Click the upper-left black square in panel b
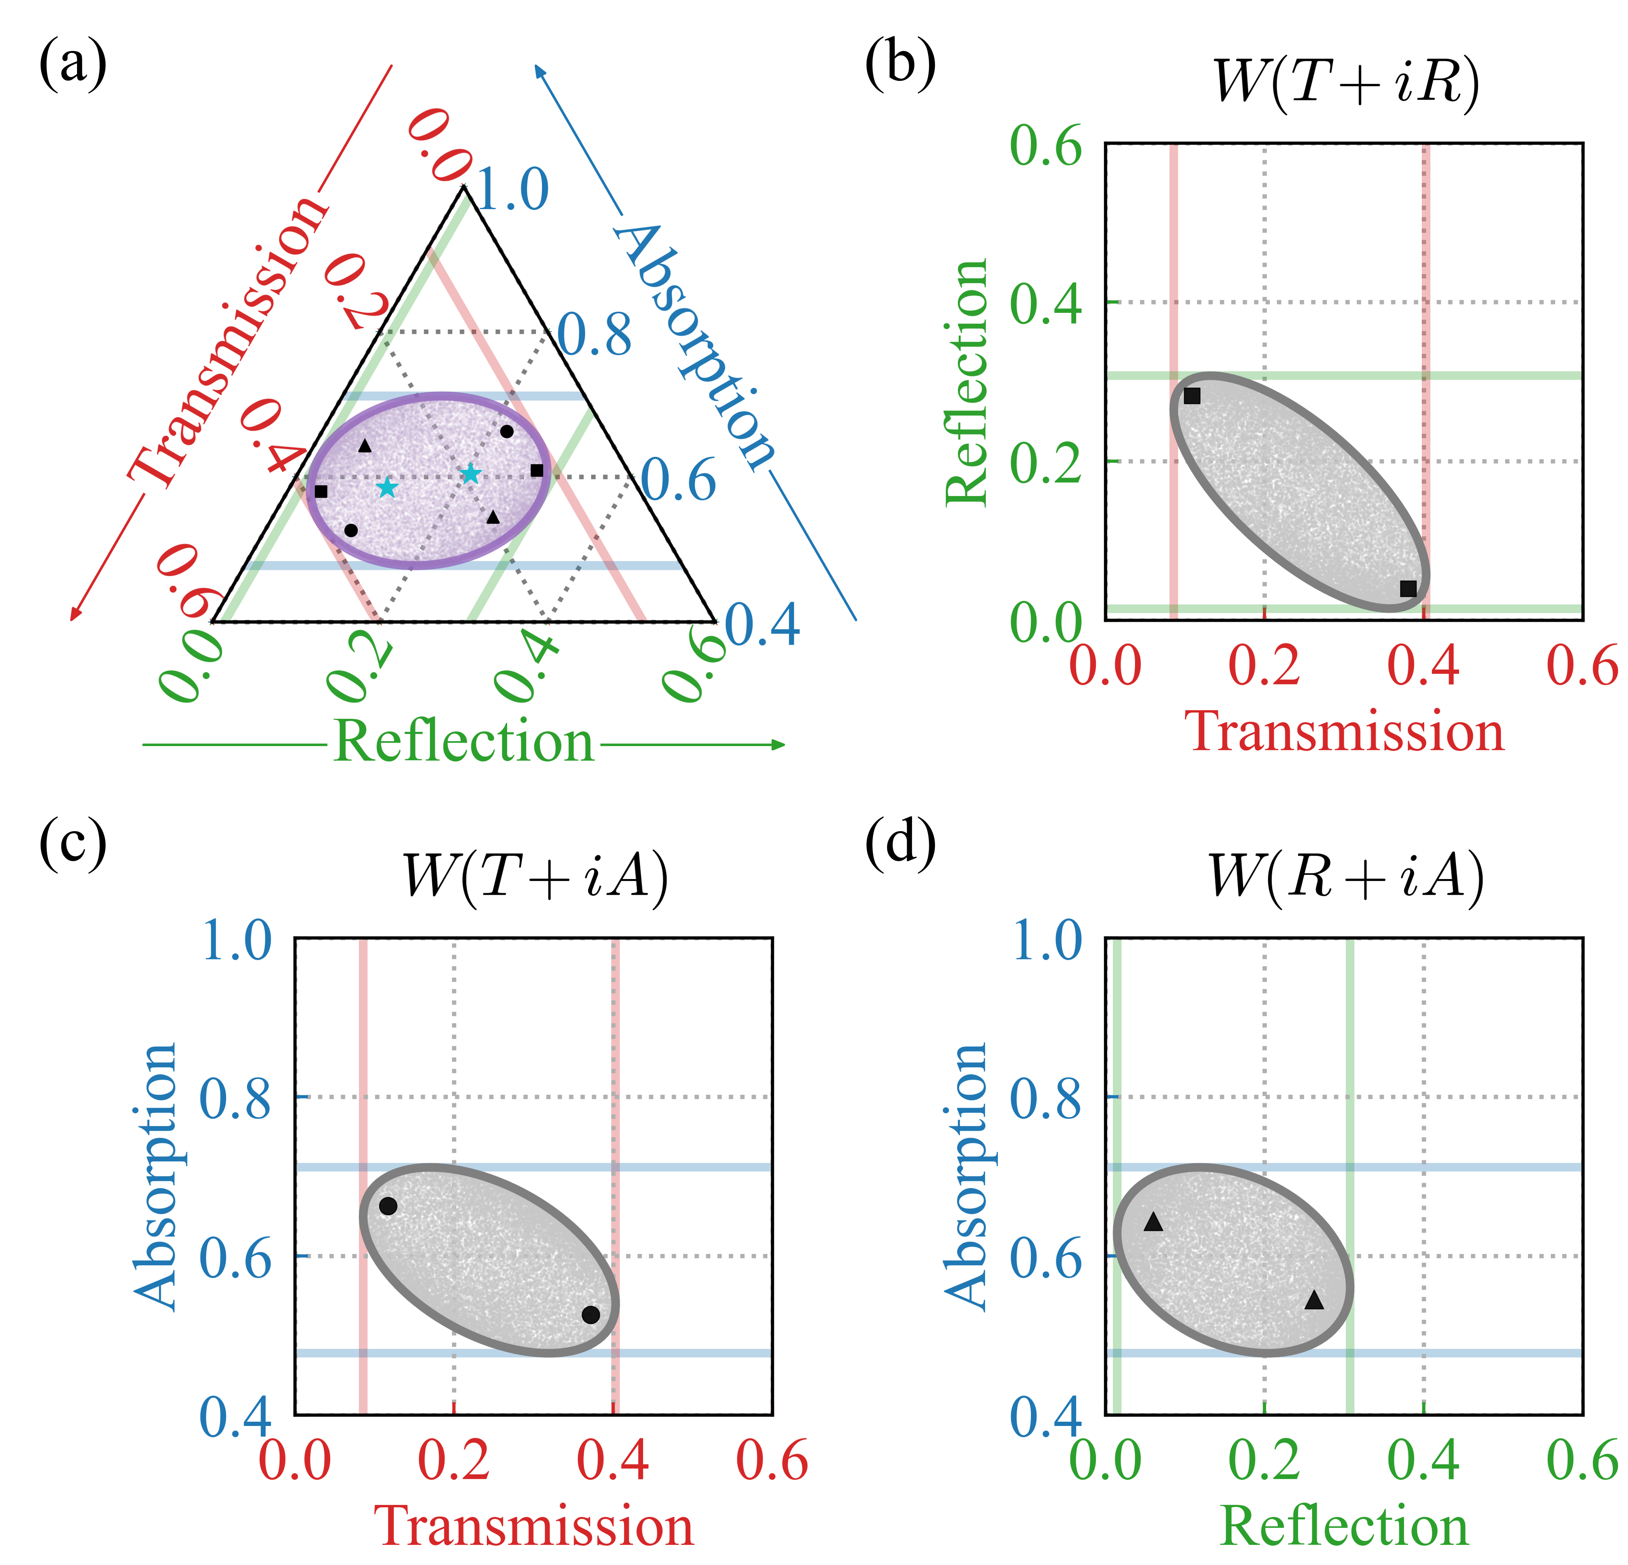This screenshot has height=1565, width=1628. pyautogui.click(x=1192, y=396)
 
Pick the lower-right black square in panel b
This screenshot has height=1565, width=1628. pyautogui.click(x=1408, y=588)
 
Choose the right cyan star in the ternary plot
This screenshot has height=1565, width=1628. pyautogui.click(x=470, y=474)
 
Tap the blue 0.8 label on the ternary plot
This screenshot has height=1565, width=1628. pyautogui.click(x=594, y=336)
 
